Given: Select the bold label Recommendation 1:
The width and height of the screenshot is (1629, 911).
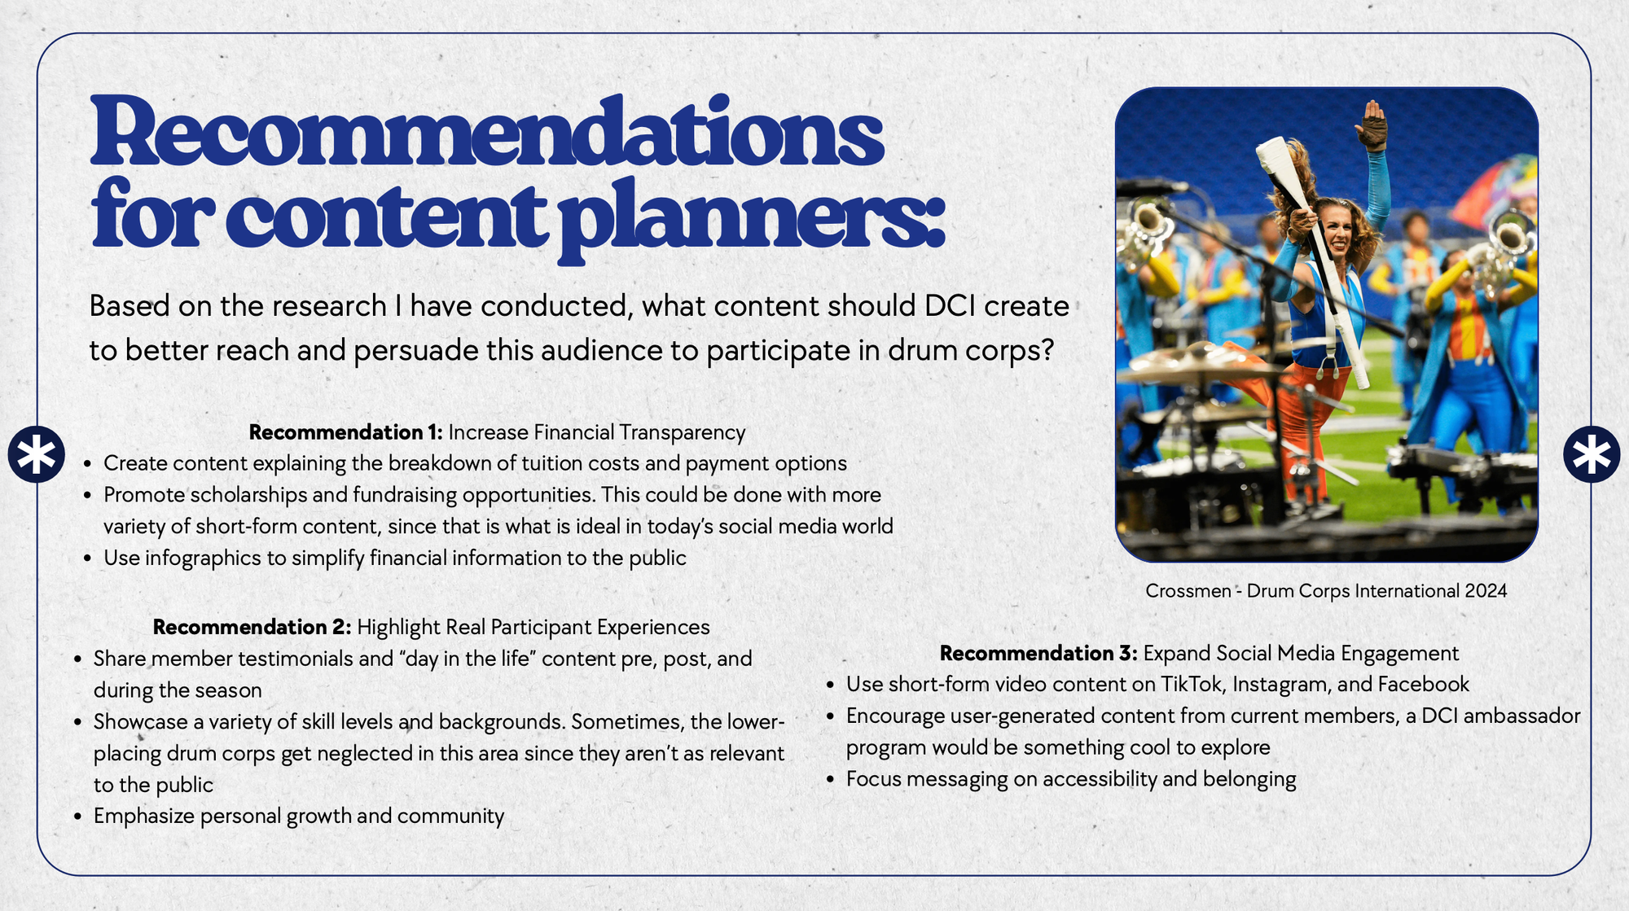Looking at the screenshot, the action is [x=345, y=432].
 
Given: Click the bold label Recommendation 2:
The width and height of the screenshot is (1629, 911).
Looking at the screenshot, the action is [x=252, y=627].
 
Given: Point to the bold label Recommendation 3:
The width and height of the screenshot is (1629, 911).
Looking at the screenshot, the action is [x=1038, y=653].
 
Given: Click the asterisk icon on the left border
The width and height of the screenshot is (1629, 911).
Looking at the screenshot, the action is [x=37, y=454].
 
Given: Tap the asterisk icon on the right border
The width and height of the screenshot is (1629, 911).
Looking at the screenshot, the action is [x=1592, y=454].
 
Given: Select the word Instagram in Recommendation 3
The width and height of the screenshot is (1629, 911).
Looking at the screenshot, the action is [x=1282, y=685].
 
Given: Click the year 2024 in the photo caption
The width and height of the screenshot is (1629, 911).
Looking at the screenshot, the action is [x=1486, y=591].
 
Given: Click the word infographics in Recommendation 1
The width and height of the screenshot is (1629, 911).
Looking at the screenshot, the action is [x=216, y=558].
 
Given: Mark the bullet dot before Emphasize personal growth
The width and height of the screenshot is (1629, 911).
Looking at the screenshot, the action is [x=78, y=817].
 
